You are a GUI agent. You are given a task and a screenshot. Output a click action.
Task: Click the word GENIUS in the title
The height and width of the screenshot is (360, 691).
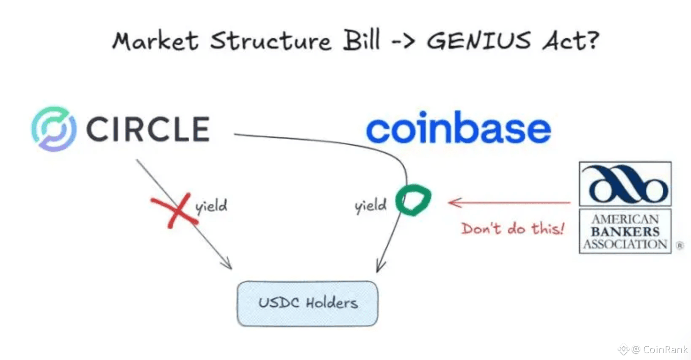tap(478, 41)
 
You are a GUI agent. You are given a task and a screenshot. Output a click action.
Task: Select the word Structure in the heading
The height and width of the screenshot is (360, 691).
tap(271, 41)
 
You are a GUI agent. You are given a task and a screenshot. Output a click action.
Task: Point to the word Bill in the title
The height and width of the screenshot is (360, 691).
tap(361, 40)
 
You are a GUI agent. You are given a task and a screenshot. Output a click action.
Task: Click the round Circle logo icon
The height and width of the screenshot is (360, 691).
tap(54, 129)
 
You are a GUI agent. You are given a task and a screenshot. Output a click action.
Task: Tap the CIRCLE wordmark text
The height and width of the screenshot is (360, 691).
tap(148, 129)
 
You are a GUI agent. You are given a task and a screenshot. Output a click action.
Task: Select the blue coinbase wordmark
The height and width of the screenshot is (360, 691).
tap(458, 128)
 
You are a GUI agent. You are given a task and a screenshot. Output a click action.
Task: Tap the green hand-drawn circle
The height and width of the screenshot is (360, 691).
tap(413, 200)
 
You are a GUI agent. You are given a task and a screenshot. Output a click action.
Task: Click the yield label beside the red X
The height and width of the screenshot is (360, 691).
tap(211, 206)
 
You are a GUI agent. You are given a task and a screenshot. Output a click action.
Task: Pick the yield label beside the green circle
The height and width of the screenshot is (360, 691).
tap(370, 205)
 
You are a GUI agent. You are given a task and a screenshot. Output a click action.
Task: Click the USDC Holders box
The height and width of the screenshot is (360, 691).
tap(307, 303)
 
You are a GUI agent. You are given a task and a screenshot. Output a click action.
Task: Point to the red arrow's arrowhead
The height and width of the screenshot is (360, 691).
tap(451, 202)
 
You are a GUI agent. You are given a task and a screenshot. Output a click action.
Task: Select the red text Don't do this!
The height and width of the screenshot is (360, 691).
tap(513, 229)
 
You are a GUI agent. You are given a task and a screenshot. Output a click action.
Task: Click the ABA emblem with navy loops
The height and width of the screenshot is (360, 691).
tap(625, 184)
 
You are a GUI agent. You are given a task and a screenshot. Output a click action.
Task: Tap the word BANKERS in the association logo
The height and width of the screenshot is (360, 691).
tap(625, 232)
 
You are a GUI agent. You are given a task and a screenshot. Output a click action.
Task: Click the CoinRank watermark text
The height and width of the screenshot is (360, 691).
tap(665, 349)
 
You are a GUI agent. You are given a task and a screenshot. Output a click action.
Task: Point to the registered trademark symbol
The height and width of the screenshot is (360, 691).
tap(680, 245)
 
